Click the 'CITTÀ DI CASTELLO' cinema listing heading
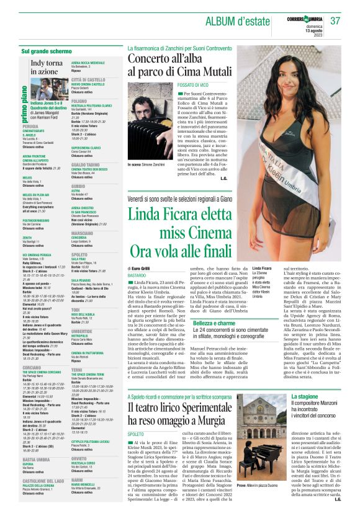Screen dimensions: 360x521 point(88,80)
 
